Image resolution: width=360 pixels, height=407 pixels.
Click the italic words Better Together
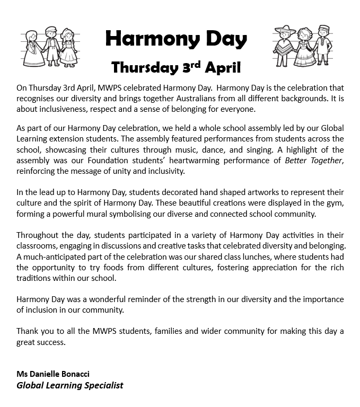[x=313, y=160]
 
